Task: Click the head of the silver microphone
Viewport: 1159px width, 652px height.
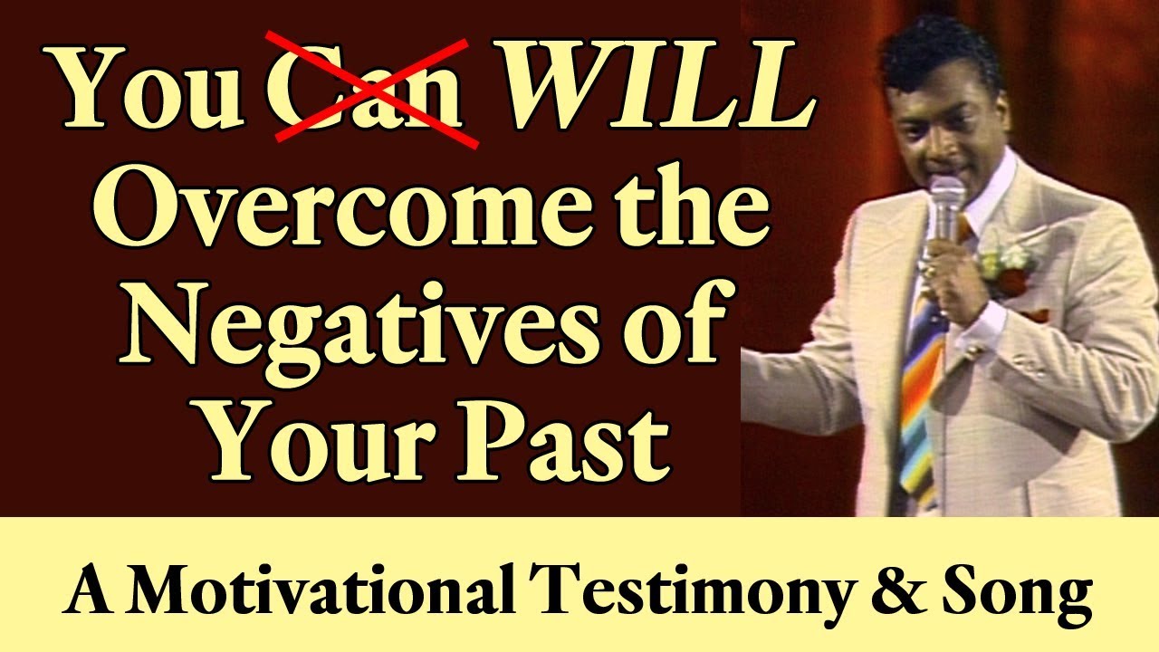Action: pyautogui.click(x=946, y=199)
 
